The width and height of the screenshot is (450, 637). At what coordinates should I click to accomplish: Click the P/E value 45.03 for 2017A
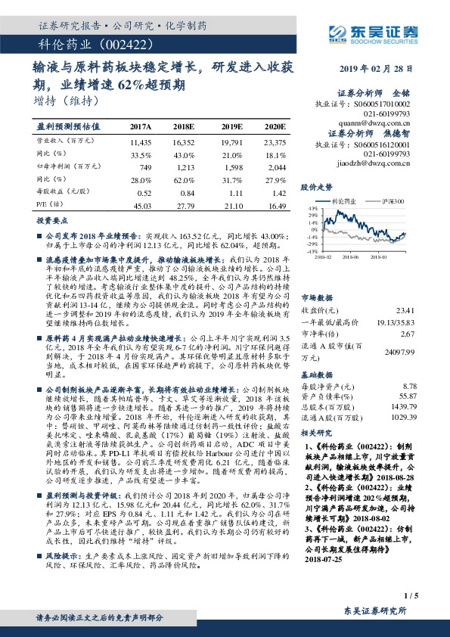141,205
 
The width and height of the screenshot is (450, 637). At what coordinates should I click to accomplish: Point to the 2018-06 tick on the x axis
348,256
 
